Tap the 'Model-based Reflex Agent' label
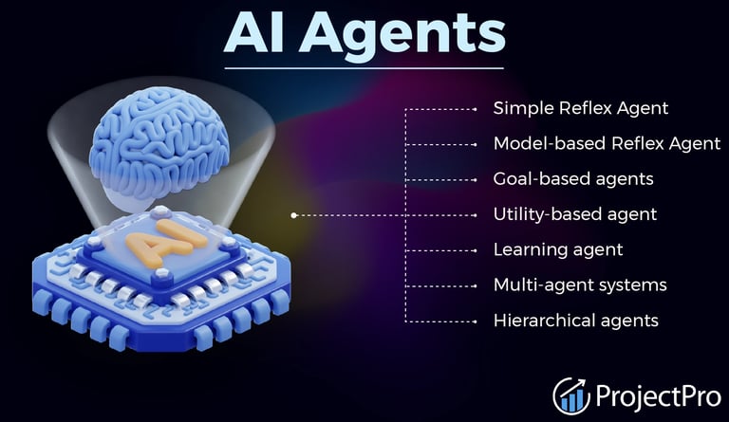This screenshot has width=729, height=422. (607, 144)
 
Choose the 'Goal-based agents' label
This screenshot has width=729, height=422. (573, 179)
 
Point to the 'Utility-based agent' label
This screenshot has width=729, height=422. (575, 214)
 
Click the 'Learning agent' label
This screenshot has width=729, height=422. (558, 249)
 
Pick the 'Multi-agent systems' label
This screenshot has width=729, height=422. (580, 284)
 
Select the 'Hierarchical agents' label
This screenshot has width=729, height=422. (575, 321)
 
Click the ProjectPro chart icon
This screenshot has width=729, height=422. (571, 394)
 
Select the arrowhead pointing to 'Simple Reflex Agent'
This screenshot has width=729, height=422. (475, 109)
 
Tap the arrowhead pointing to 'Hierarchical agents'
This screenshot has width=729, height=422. (475, 321)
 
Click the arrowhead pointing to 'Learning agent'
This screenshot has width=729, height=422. (475, 250)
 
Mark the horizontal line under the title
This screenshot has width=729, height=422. (364, 67)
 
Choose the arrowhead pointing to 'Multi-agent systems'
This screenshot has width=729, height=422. (475, 285)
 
